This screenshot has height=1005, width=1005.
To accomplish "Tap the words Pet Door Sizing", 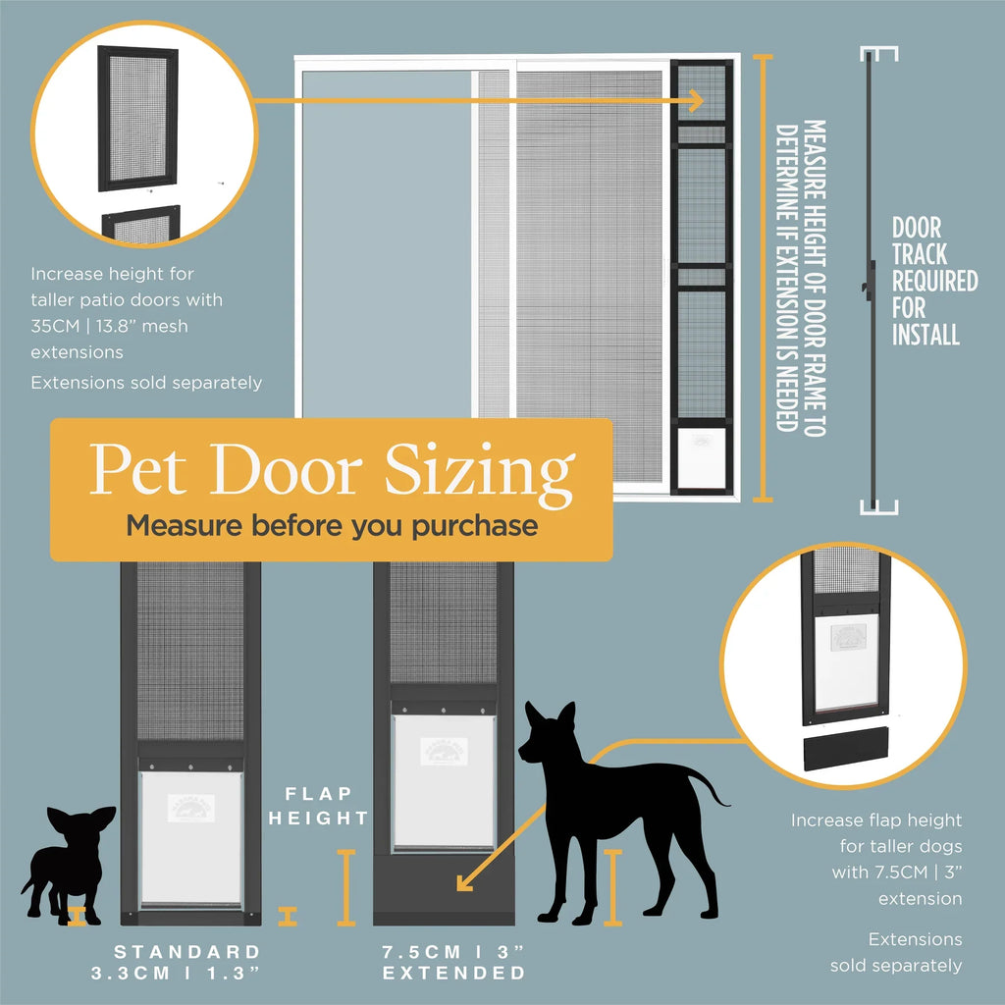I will [332, 472].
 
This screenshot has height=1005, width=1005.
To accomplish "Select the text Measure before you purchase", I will [332, 526].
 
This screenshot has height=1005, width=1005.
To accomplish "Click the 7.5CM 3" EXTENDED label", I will [453, 962].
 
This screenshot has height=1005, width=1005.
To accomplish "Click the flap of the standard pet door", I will [190, 836].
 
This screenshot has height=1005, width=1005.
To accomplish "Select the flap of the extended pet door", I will [444, 780].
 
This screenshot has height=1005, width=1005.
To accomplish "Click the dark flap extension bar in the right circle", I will [843, 753].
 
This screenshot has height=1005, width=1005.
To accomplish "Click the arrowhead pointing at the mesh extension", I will [695, 100].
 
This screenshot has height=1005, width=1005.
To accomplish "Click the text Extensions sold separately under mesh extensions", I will [146, 382].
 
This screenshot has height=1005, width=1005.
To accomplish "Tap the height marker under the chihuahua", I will [79, 918].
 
